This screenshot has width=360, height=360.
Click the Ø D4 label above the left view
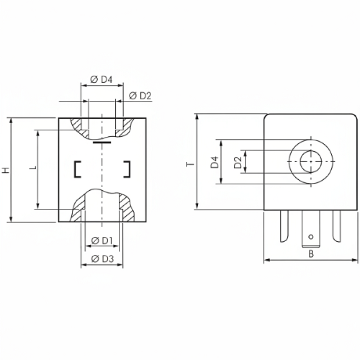pos(101,80)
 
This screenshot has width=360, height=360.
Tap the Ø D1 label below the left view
pos(102,241)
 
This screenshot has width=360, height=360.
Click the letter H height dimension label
pos(5,170)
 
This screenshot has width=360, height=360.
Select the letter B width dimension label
pos(311,254)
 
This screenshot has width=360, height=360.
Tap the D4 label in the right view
pos(214,162)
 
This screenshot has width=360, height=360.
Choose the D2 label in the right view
pos(238,162)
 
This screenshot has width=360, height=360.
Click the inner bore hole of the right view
pos(311,162)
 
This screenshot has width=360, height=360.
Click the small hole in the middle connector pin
pos(311,236)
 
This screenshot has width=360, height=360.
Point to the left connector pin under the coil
pos(284,226)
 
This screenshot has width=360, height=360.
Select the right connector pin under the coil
pos(336,226)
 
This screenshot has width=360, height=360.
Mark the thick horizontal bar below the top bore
pos(102,142)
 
